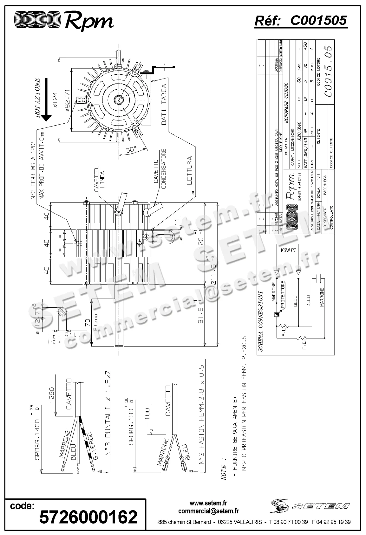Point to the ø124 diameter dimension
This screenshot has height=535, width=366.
[x=55, y=99]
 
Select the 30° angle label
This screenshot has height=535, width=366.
[x=130, y=150]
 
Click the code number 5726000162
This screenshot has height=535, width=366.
[x=88, y=516]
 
